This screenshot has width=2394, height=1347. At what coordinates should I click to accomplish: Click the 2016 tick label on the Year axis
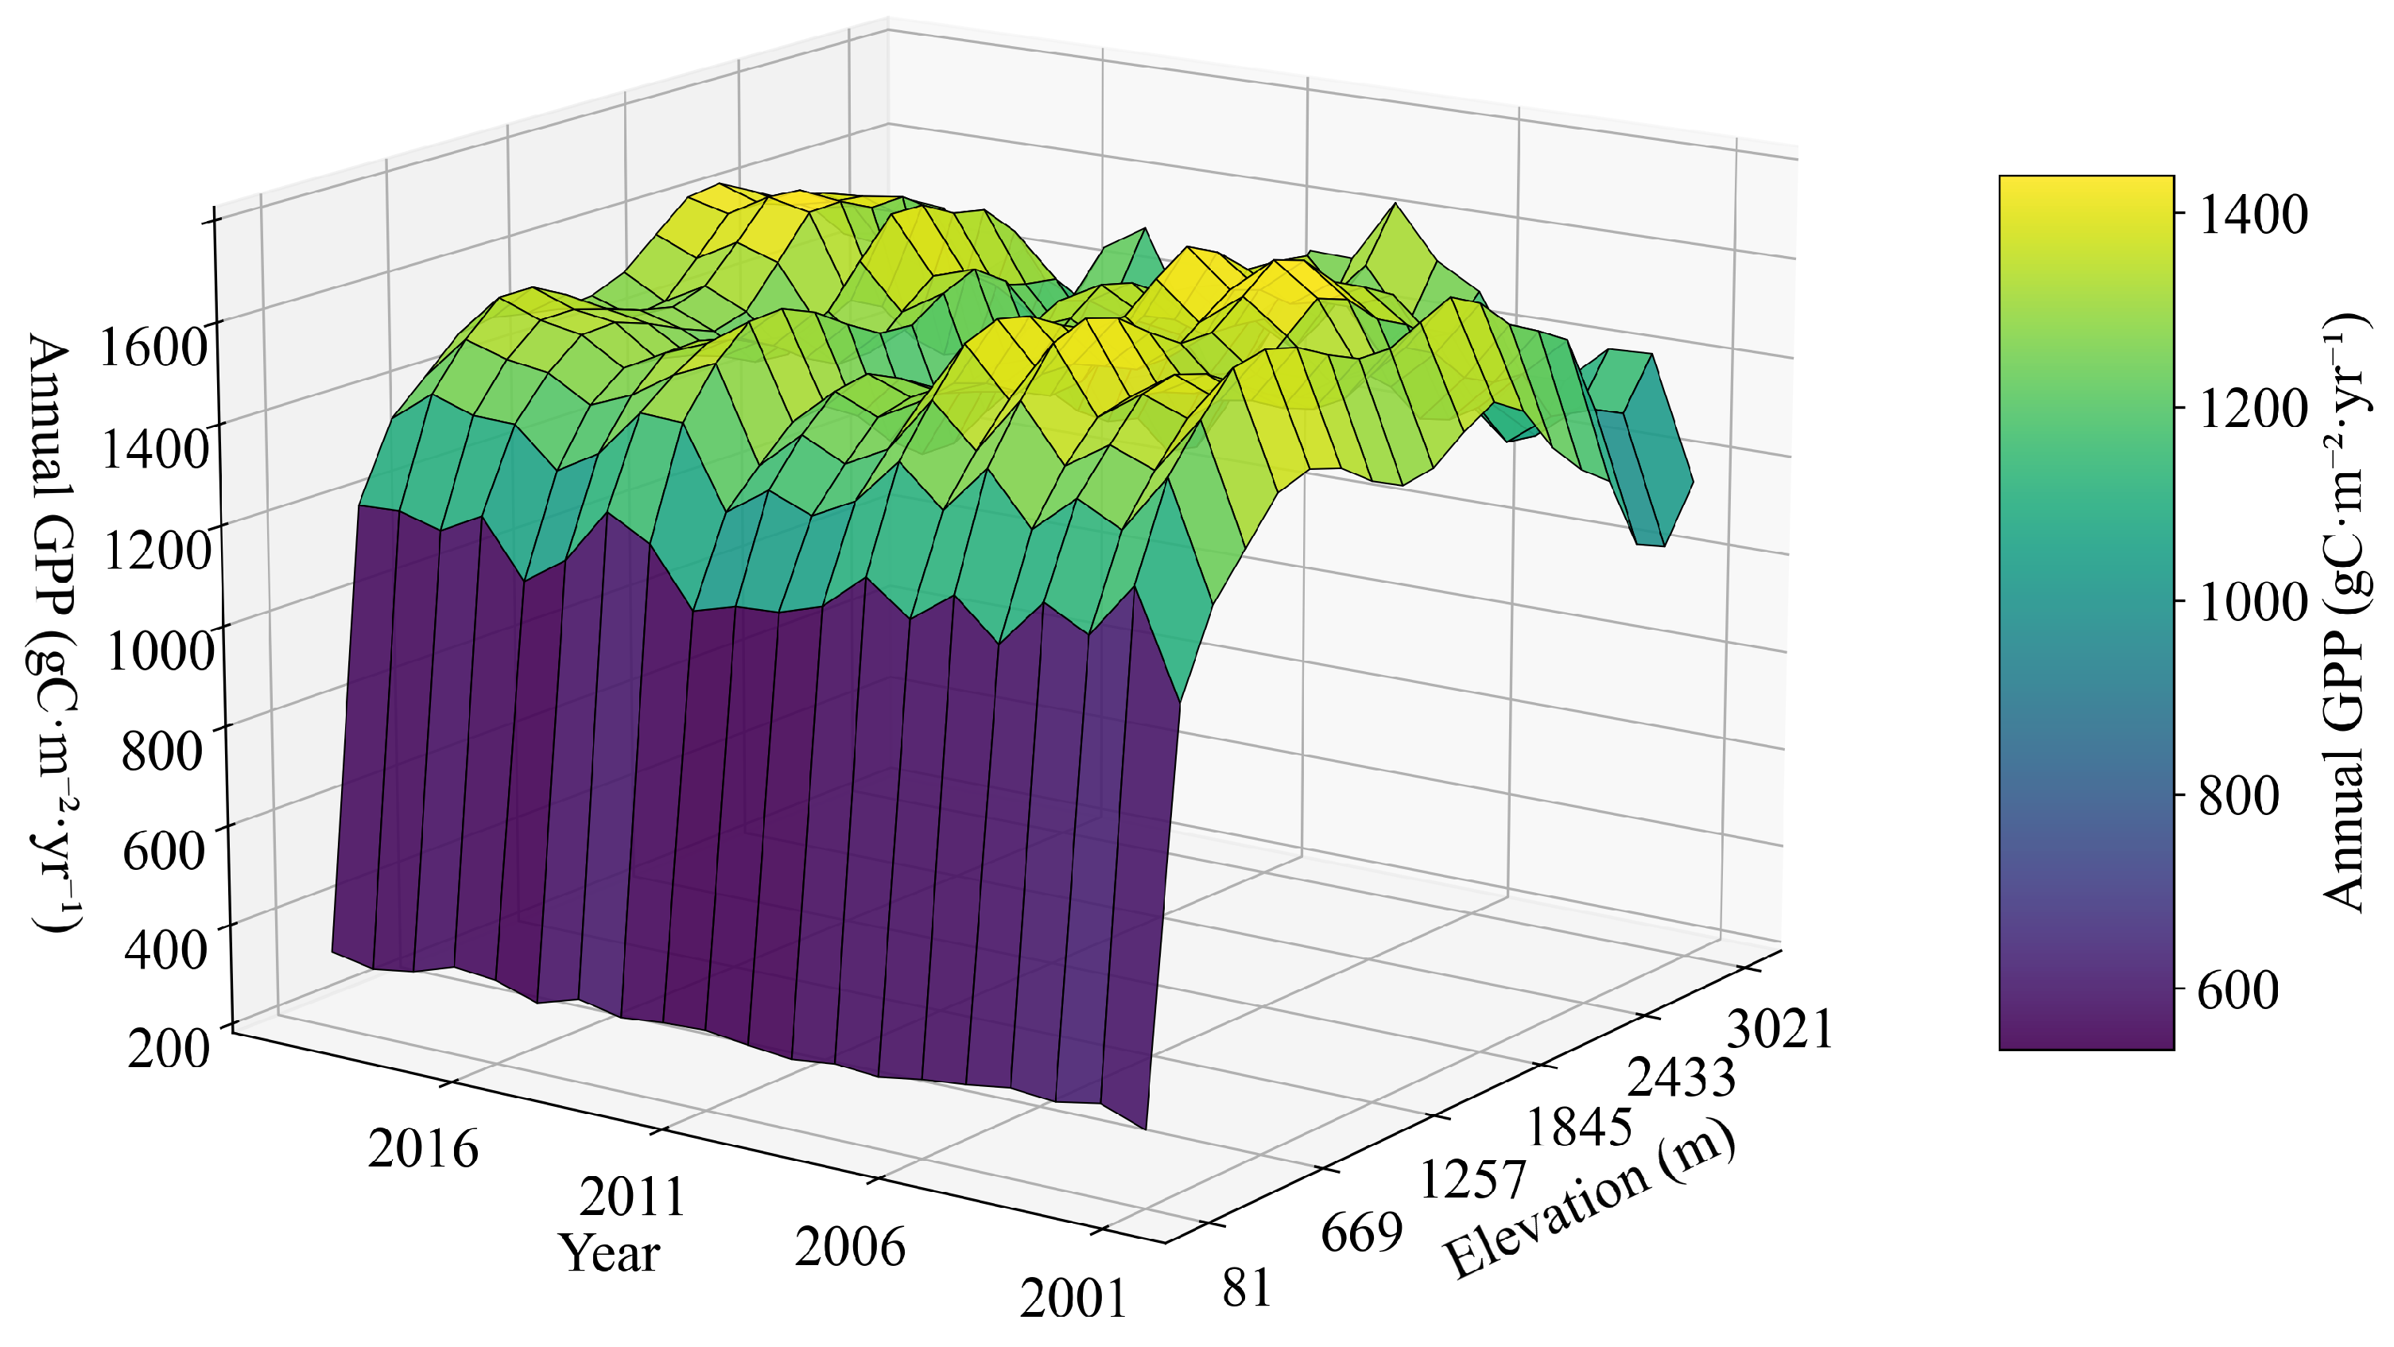(423, 1149)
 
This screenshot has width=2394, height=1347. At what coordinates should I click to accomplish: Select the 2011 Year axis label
(633, 1198)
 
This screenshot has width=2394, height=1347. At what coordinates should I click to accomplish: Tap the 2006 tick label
(849, 1248)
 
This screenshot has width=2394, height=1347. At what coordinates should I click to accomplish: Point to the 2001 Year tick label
(1073, 1298)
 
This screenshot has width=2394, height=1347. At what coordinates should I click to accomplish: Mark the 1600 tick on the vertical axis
(153, 348)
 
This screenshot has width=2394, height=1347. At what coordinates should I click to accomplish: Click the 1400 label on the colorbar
(2252, 215)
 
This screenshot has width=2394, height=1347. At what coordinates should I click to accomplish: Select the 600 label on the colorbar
(2239, 991)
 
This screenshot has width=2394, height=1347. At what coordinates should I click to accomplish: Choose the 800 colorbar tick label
(2239, 797)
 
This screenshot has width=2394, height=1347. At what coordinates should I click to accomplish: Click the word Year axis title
(609, 1254)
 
